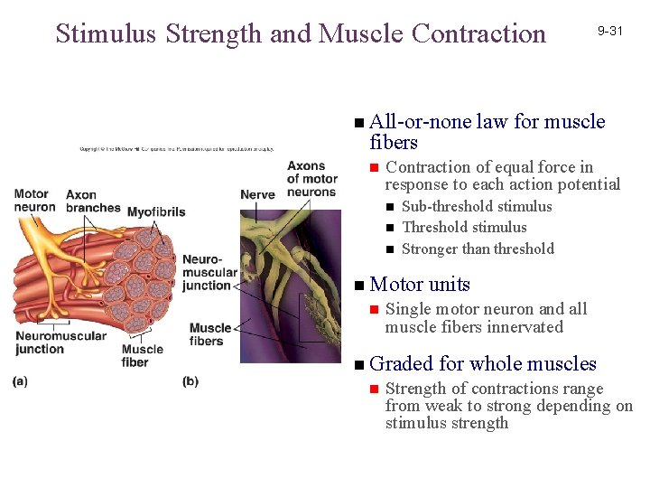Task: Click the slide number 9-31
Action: [609, 31]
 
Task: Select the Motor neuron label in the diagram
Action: [32, 200]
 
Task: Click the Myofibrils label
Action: [155, 212]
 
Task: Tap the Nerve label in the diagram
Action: [257, 194]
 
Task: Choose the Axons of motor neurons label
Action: [311, 179]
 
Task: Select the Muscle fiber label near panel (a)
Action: [142, 355]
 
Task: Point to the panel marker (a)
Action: [20, 381]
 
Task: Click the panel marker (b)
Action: [190, 381]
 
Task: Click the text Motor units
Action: [420, 284]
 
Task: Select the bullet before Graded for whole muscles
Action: [359, 365]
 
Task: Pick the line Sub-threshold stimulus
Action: [477, 206]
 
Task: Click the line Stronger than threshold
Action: [478, 249]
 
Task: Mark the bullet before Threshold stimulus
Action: [390, 228]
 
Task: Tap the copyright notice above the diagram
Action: [175, 149]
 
